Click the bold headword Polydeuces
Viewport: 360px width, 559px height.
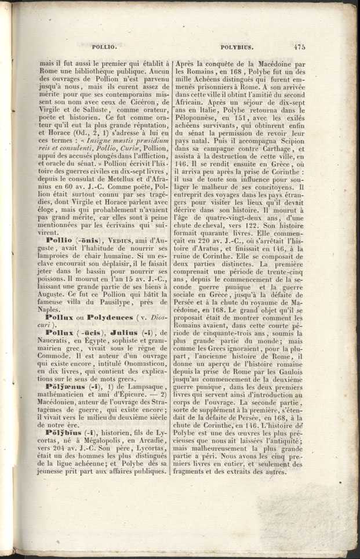pyautogui.click(x=115, y=317)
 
